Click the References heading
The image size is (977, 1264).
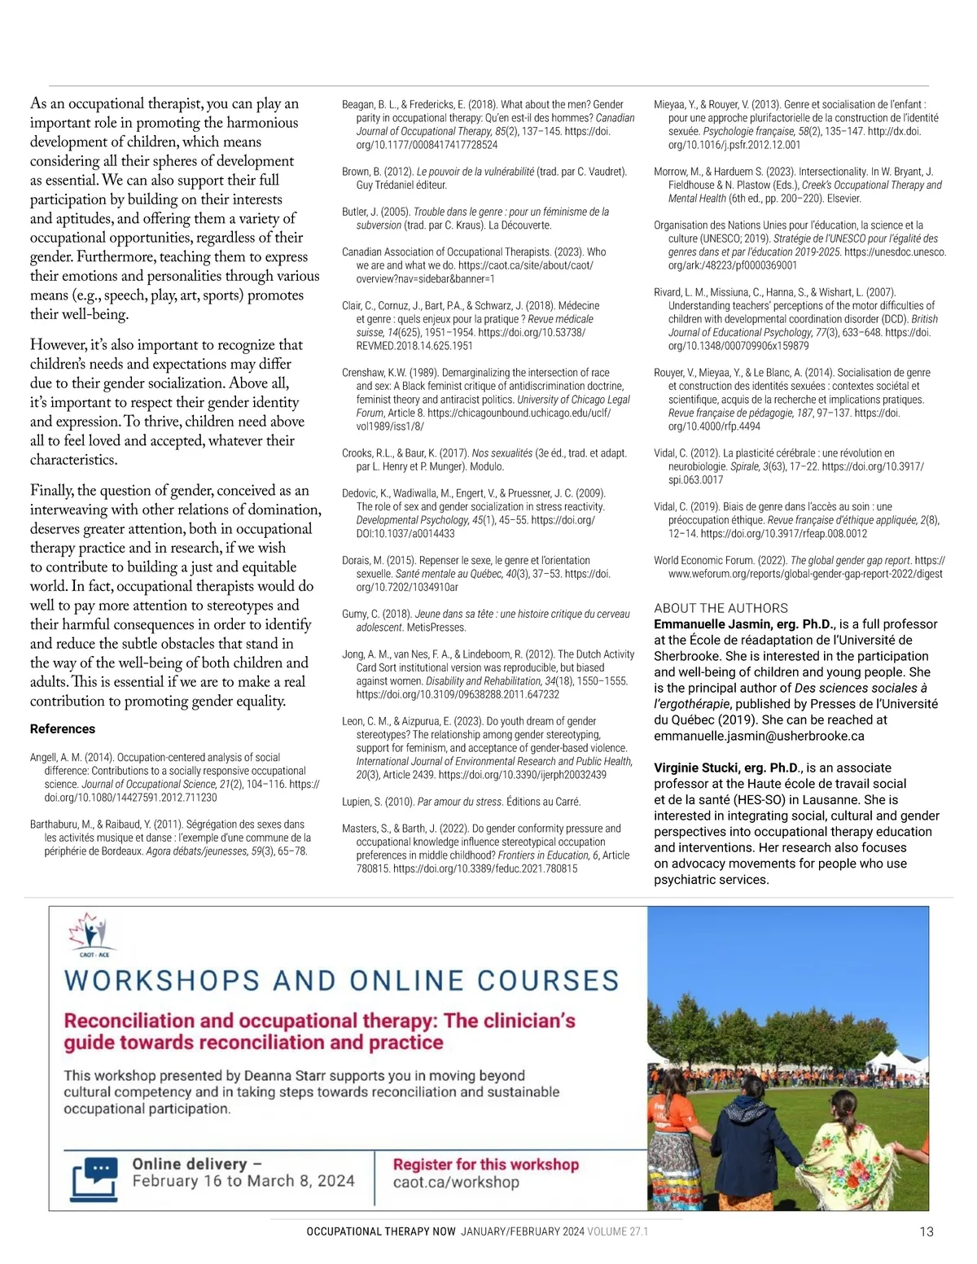click(x=63, y=728)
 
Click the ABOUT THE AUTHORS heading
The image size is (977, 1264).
click(x=721, y=608)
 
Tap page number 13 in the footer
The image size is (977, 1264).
click(x=927, y=1231)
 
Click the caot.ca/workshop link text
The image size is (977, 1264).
click(x=456, y=1183)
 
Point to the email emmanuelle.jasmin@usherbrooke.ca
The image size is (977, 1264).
click(x=759, y=736)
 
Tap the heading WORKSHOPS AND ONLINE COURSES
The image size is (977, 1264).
click(x=342, y=981)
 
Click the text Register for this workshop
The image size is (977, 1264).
click(x=485, y=1165)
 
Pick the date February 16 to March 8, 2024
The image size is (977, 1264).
click(x=243, y=1181)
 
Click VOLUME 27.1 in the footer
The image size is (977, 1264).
click(x=618, y=1231)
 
